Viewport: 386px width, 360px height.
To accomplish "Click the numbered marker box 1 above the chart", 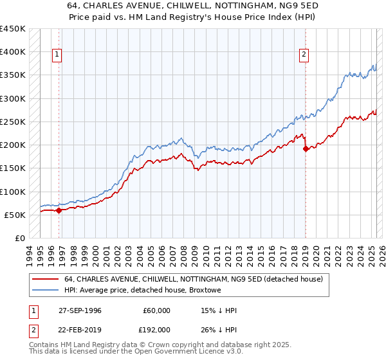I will click(57, 55).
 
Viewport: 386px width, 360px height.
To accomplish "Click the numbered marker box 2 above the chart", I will click(303, 55).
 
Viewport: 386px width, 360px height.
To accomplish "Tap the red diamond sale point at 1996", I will click(59, 210).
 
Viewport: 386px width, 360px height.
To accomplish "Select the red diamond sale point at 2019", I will click(305, 148).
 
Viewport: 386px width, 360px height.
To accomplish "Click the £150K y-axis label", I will click(12, 168).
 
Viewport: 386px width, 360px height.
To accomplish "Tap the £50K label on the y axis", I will click(15, 215).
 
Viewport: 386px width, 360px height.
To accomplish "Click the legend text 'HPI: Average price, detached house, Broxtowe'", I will click(143, 291).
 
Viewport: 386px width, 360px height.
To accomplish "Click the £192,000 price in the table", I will click(156, 328).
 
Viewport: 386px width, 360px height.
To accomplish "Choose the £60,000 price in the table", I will click(156, 310).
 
